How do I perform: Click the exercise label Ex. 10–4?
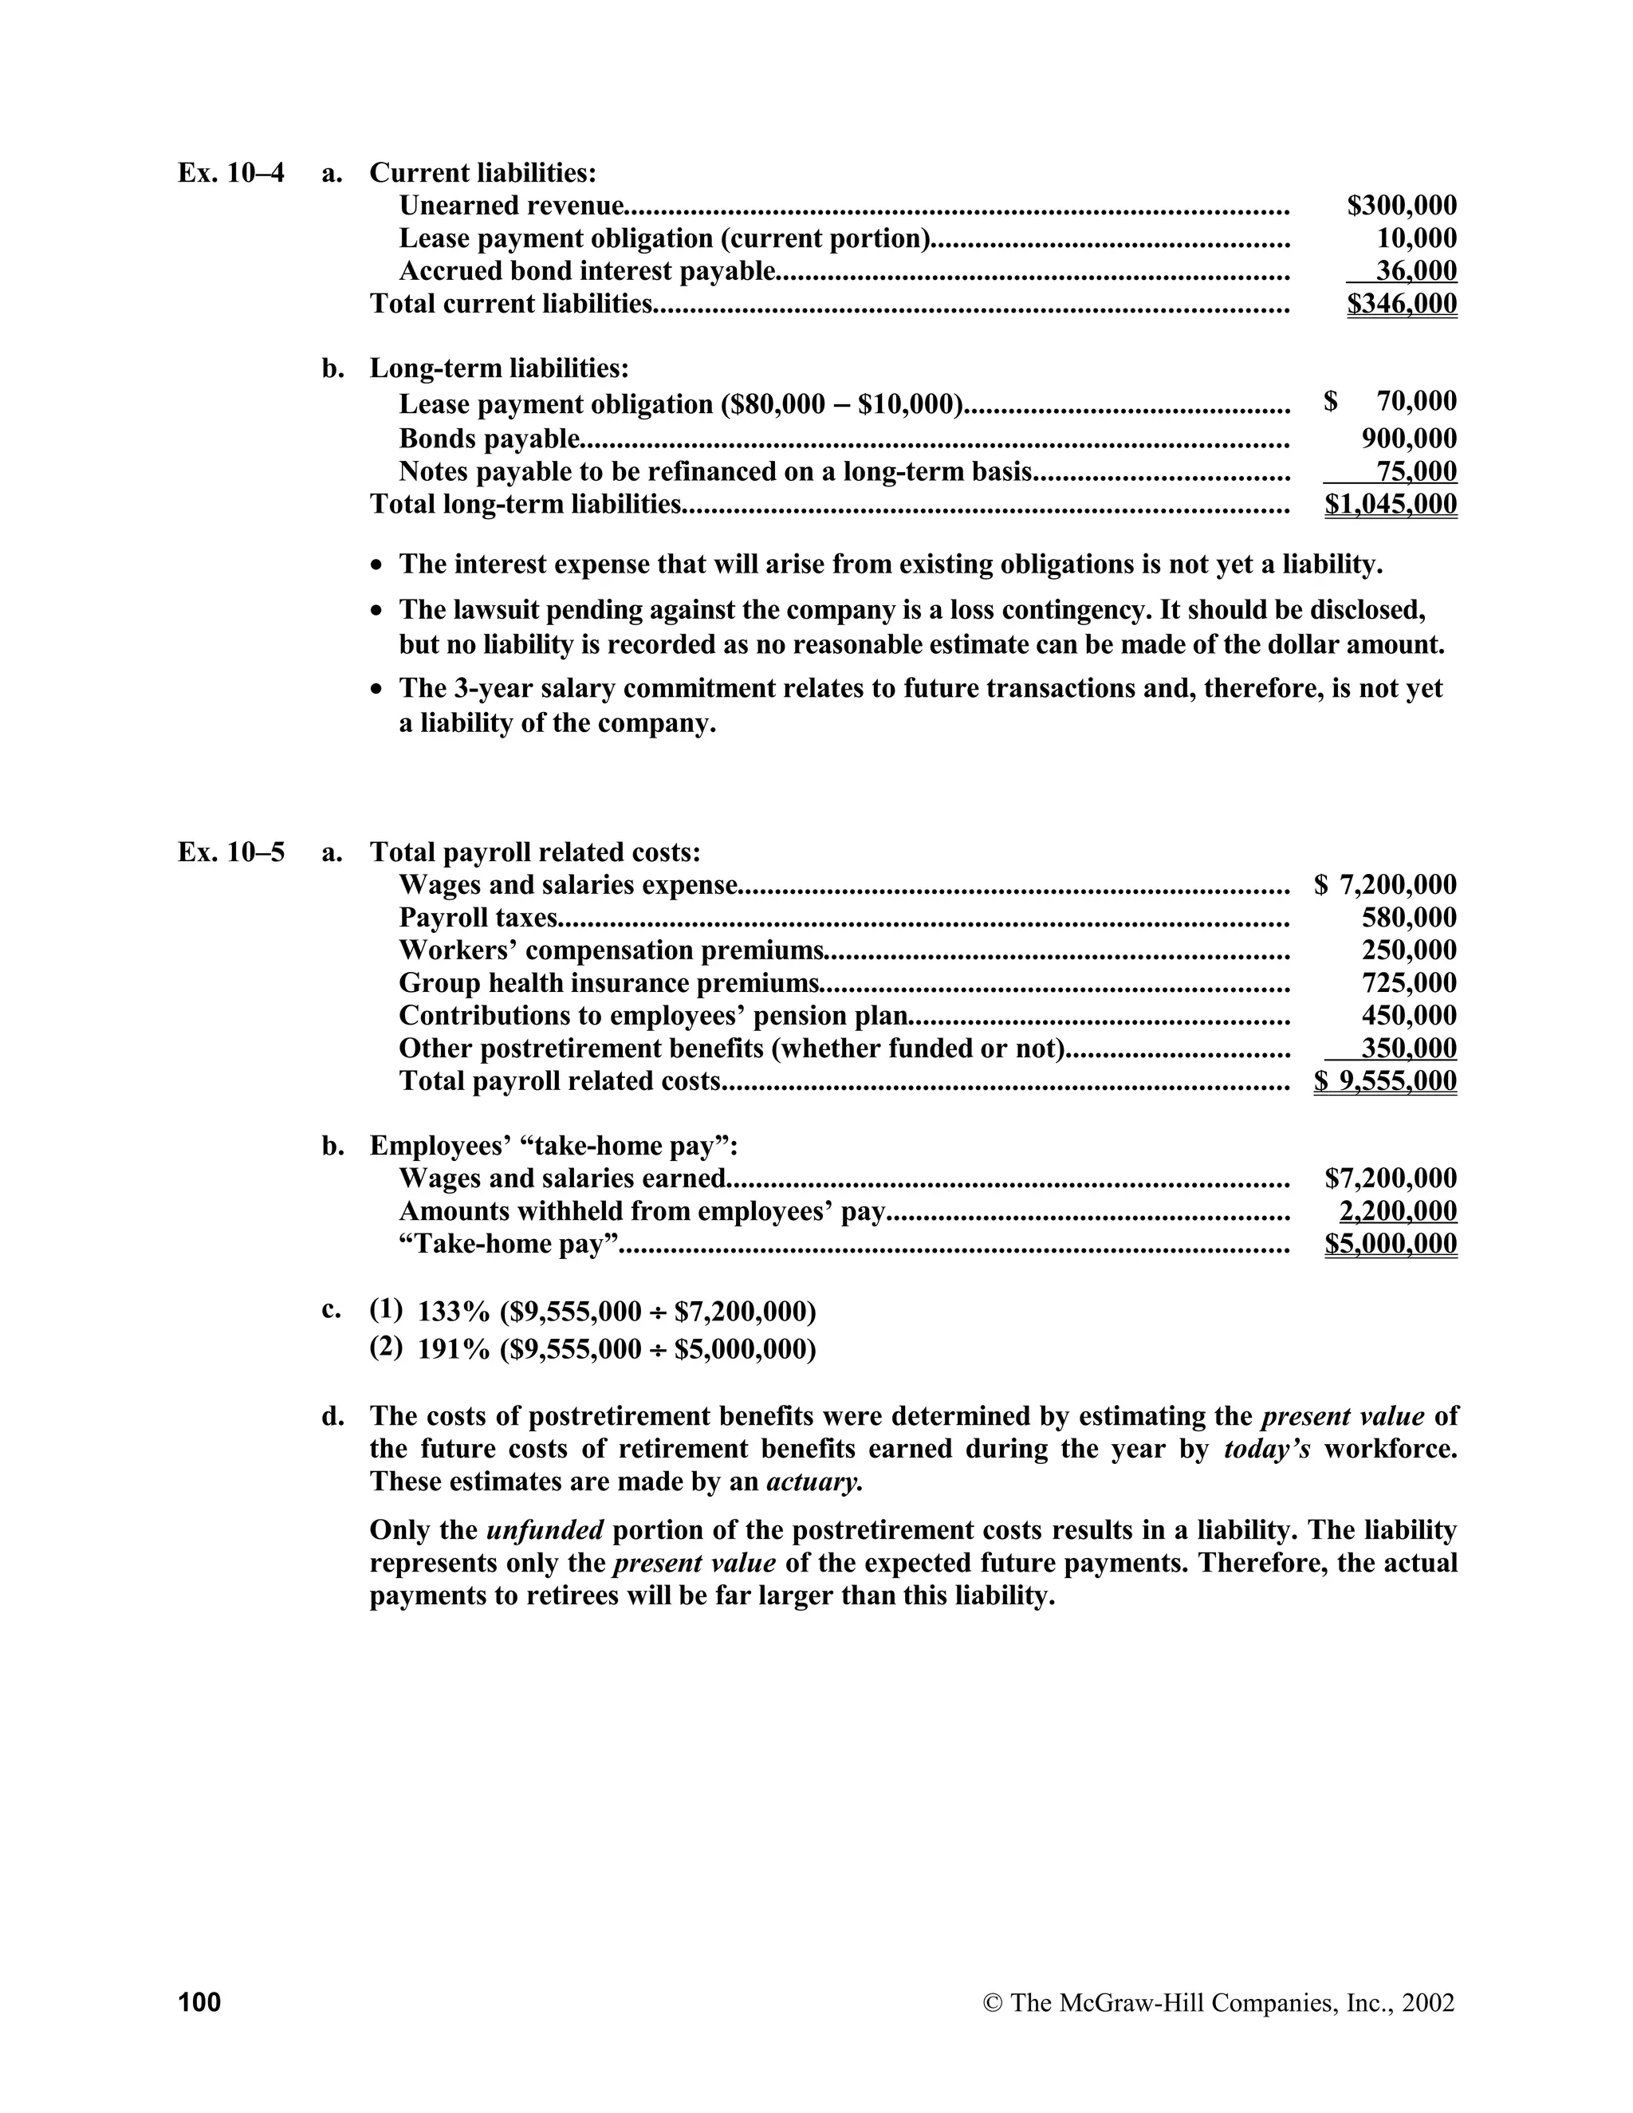pos(231,173)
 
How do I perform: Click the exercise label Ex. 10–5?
pos(231,852)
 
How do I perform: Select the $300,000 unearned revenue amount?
pos(1401,205)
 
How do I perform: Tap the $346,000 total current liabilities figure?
pos(1401,304)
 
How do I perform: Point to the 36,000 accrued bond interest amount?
pos(1415,271)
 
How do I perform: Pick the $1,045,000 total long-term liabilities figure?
pos(1390,504)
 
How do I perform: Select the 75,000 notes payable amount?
pos(1415,471)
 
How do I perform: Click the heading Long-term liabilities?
pos(499,368)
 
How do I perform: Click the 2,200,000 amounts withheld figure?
pos(1397,1210)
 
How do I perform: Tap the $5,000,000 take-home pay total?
pos(1390,1243)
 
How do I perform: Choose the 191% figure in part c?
pos(454,1348)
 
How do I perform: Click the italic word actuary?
pos(813,1481)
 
